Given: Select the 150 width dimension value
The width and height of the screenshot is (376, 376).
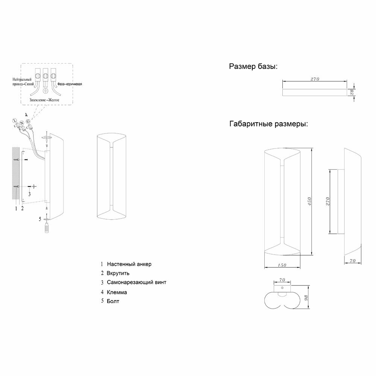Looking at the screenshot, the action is point(282,265).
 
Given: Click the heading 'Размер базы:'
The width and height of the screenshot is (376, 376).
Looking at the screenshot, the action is point(253,67).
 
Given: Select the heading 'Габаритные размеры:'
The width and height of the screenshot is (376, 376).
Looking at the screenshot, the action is point(268,124).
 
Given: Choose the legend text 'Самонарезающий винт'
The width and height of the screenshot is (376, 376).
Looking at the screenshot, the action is point(136,282).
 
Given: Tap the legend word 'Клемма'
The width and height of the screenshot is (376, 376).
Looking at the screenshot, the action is point(117,292).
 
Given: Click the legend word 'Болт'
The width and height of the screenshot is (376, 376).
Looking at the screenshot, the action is point(113,301).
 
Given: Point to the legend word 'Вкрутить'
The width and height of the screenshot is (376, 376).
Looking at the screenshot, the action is point(118,273).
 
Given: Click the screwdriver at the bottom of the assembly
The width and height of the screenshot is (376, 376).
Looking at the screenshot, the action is point(47,228).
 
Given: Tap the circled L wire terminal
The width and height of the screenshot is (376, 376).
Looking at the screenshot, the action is point(15,120).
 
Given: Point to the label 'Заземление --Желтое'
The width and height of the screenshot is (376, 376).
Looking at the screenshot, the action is point(45,100).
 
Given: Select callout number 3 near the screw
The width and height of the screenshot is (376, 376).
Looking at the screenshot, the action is point(29,194).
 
